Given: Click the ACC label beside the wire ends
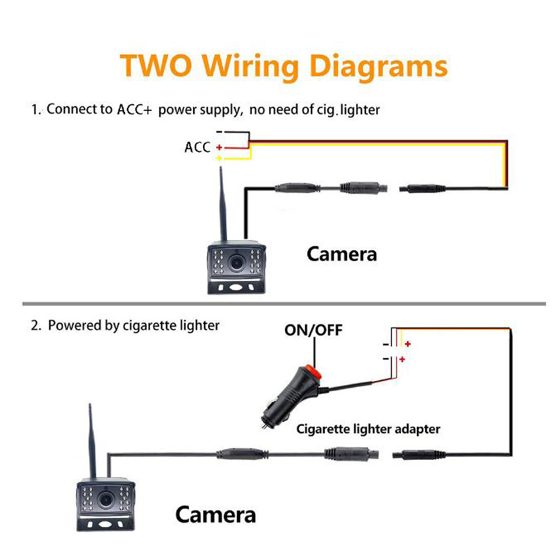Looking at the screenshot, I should pos(197,147).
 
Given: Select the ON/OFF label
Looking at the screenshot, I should pos(313,329).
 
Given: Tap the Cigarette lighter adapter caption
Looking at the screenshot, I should pos(368,429).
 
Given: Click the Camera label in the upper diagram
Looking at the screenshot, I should pos(342,254).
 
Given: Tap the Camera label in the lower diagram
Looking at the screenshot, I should pos(215,515).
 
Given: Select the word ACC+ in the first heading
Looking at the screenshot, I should pos(138,110).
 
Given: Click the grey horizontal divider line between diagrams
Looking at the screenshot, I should pos(278,304).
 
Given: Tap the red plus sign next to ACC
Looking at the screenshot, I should pos(219,147).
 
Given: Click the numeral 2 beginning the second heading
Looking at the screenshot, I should pos(35,325).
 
